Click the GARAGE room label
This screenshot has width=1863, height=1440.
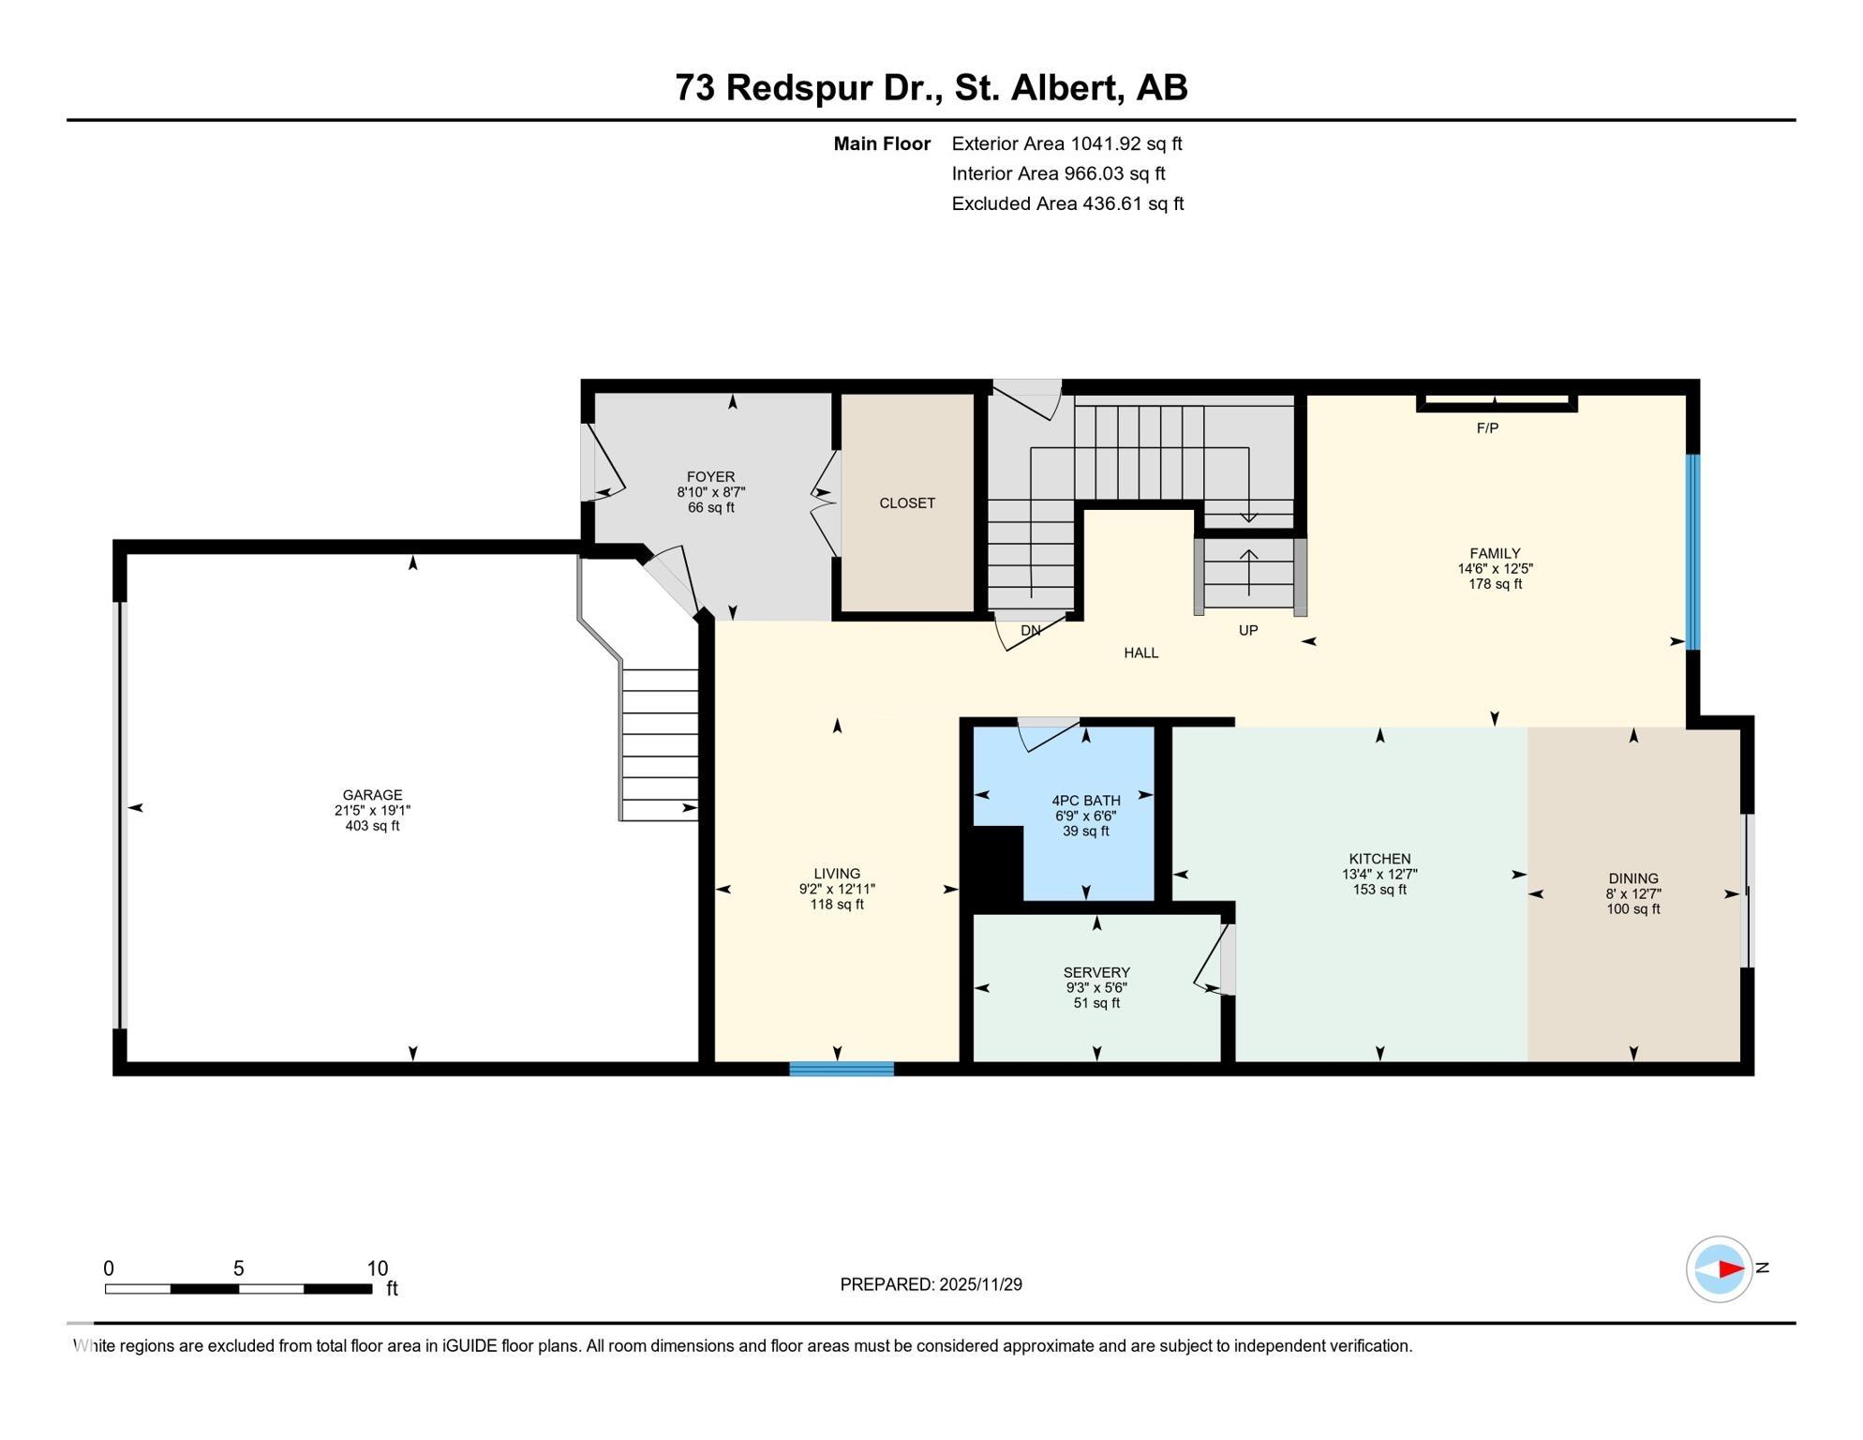point(372,795)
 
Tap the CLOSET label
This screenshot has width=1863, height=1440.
point(906,503)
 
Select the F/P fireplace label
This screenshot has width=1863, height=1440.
point(1487,428)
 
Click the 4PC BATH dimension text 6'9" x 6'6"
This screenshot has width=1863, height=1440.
point(1085,816)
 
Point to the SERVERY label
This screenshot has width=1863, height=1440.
point(1095,972)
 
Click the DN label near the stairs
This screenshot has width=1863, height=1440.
point(1030,631)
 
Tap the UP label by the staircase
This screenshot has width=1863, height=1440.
point(1247,631)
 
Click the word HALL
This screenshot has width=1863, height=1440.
point(1140,652)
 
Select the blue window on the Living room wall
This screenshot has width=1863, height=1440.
point(841,1069)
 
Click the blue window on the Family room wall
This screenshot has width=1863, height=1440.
point(1692,552)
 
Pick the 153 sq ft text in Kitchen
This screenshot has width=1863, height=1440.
point(1379,890)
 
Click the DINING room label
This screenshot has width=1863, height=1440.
point(1632,878)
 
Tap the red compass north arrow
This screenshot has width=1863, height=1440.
point(1730,1269)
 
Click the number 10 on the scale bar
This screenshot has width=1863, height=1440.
point(377,1268)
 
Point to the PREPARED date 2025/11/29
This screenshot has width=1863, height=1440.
point(979,1284)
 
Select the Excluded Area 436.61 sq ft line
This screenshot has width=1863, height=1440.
point(1066,203)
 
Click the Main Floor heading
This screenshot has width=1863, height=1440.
point(881,143)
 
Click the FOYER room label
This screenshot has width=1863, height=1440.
point(710,476)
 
